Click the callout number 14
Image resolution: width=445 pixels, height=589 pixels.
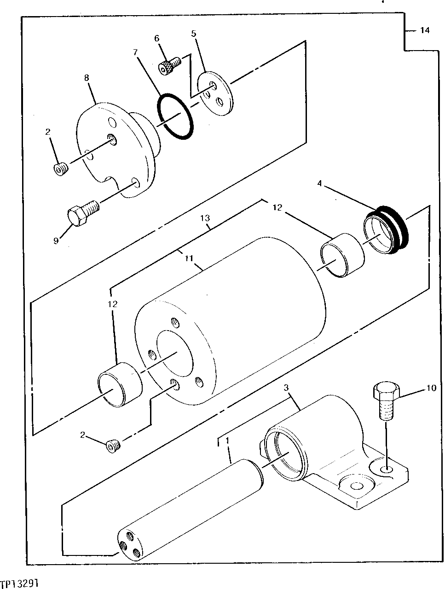tap(424, 31)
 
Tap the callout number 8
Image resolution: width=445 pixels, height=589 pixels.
tap(87, 78)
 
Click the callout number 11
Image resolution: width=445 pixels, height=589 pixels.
tap(188, 259)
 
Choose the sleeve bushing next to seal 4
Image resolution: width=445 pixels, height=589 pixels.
tap(342, 256)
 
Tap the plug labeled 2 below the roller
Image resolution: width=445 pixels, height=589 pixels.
tap(113, 445)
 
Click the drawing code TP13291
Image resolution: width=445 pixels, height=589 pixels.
tap(19, 583)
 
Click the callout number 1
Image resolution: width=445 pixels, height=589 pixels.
tap(227, 440)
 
